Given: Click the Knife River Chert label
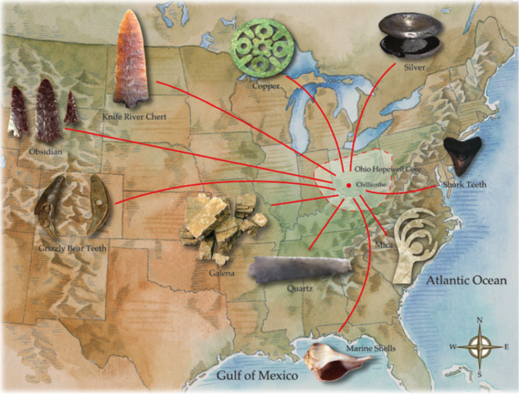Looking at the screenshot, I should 135,117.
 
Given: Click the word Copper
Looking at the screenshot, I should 268,85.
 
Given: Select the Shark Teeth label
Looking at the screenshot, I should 465,186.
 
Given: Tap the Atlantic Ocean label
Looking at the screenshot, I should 471,280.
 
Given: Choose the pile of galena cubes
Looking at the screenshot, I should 218,227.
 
